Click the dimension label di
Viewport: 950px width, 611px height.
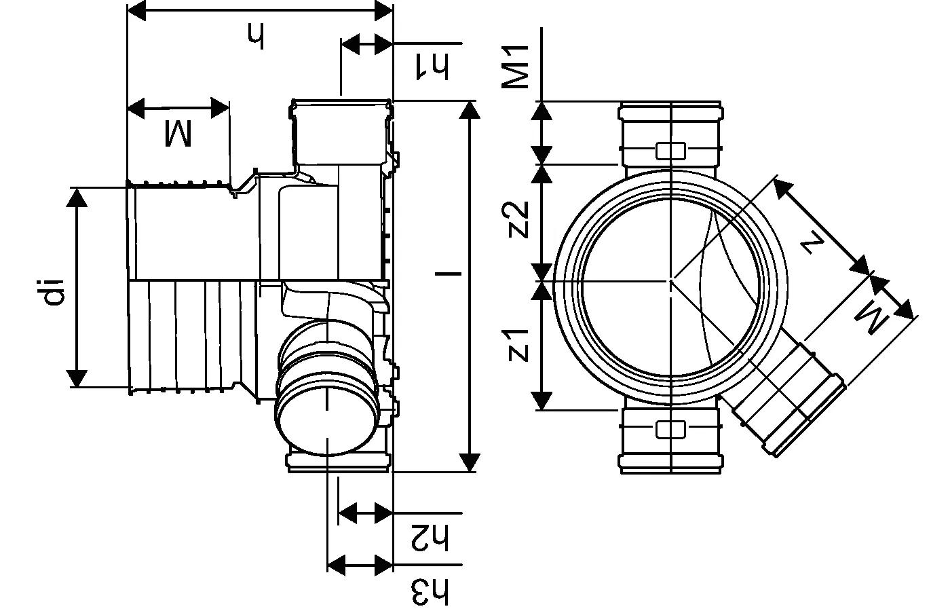53,290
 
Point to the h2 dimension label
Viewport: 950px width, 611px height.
430,538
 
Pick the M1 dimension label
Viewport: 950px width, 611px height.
516,68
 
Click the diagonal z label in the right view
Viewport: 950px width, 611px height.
812,240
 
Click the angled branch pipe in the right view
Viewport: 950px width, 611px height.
787,401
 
